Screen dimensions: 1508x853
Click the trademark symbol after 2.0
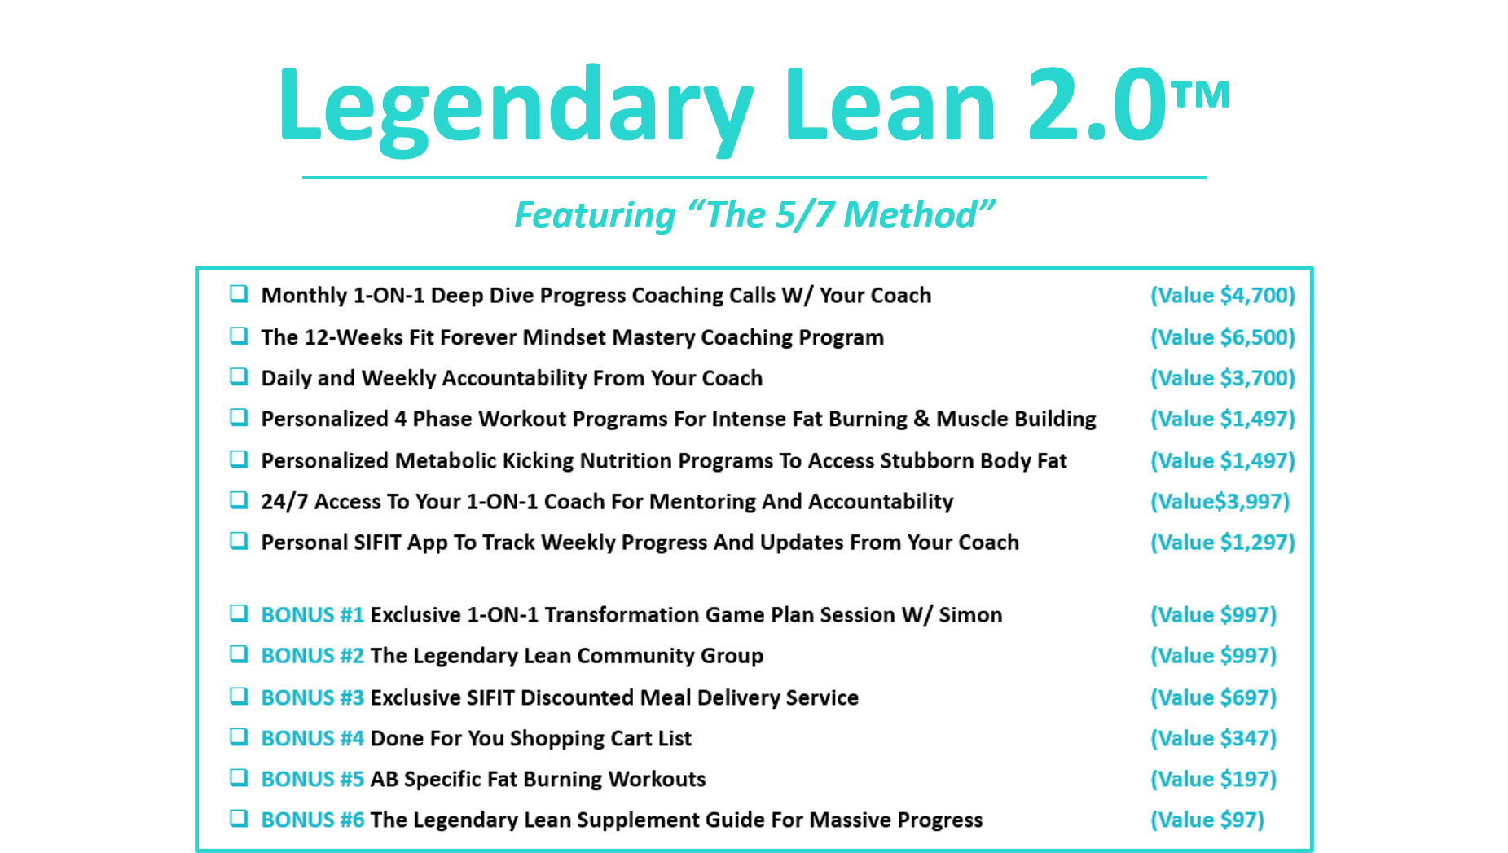coord(1201,95)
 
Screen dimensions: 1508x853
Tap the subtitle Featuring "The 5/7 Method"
coord(754,215)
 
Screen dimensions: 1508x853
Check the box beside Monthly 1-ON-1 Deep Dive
coord(239,293)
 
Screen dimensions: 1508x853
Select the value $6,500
coord(1222,337)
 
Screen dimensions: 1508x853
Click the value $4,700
coord(1222,295)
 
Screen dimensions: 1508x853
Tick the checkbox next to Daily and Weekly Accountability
coord(239,376)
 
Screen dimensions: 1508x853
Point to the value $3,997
coord(1220,501)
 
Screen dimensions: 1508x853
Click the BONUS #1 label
coord(312,615)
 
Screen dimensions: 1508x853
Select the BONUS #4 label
coord(312,738)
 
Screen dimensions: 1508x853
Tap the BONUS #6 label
coord(312,820)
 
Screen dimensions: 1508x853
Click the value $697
coord(1213,697)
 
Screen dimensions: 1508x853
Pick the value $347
coord(1213,738)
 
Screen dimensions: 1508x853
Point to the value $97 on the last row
coord(1207,820)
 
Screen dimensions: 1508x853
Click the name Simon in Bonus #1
coord(970,615)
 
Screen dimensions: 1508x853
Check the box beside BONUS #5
coord(239,777)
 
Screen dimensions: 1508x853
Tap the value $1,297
coord(1222,542)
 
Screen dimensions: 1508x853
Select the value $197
coord(1213,779)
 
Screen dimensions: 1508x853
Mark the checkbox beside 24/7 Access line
coord(239,499)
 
